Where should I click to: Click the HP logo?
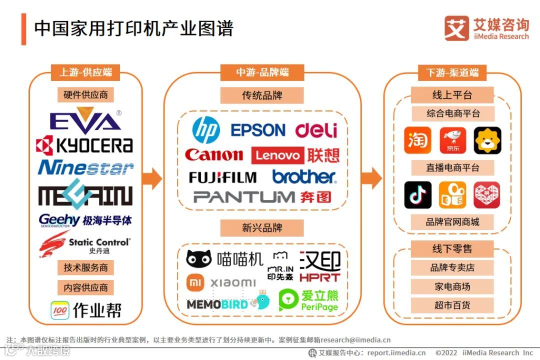pyautogui.click(x=206, y=130)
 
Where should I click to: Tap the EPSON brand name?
pyautogui.click(x=257, y=130)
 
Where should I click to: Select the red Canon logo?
pyautogui.click(x=214, y=155)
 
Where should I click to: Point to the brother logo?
pyautogui.click(x=304, y=176)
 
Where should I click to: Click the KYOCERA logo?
pyautogui.click(x=84, y=145)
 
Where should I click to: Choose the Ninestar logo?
pyautogui.click(x=85, y=168)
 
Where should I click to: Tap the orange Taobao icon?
pyautogui.click(x=417, y=140)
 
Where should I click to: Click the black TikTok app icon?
pyautogui.click(x=417, y=195)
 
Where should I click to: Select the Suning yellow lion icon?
pyautogui.click(x=487, y=140)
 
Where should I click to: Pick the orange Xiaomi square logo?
pyautogui.click(x=195, y=282)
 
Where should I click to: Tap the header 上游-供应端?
pyautogui.click(x=85, y=72)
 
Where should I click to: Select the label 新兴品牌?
pyautogui.click(x=262, y=228)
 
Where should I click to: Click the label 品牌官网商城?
pyautogui.click(x=452, y=221)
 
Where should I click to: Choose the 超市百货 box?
pyautogui.click(x=452, y=305)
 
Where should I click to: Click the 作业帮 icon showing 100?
pyautogui.click(x=60, y=310)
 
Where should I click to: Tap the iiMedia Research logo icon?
pyautogui.click(x=456, y=28)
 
